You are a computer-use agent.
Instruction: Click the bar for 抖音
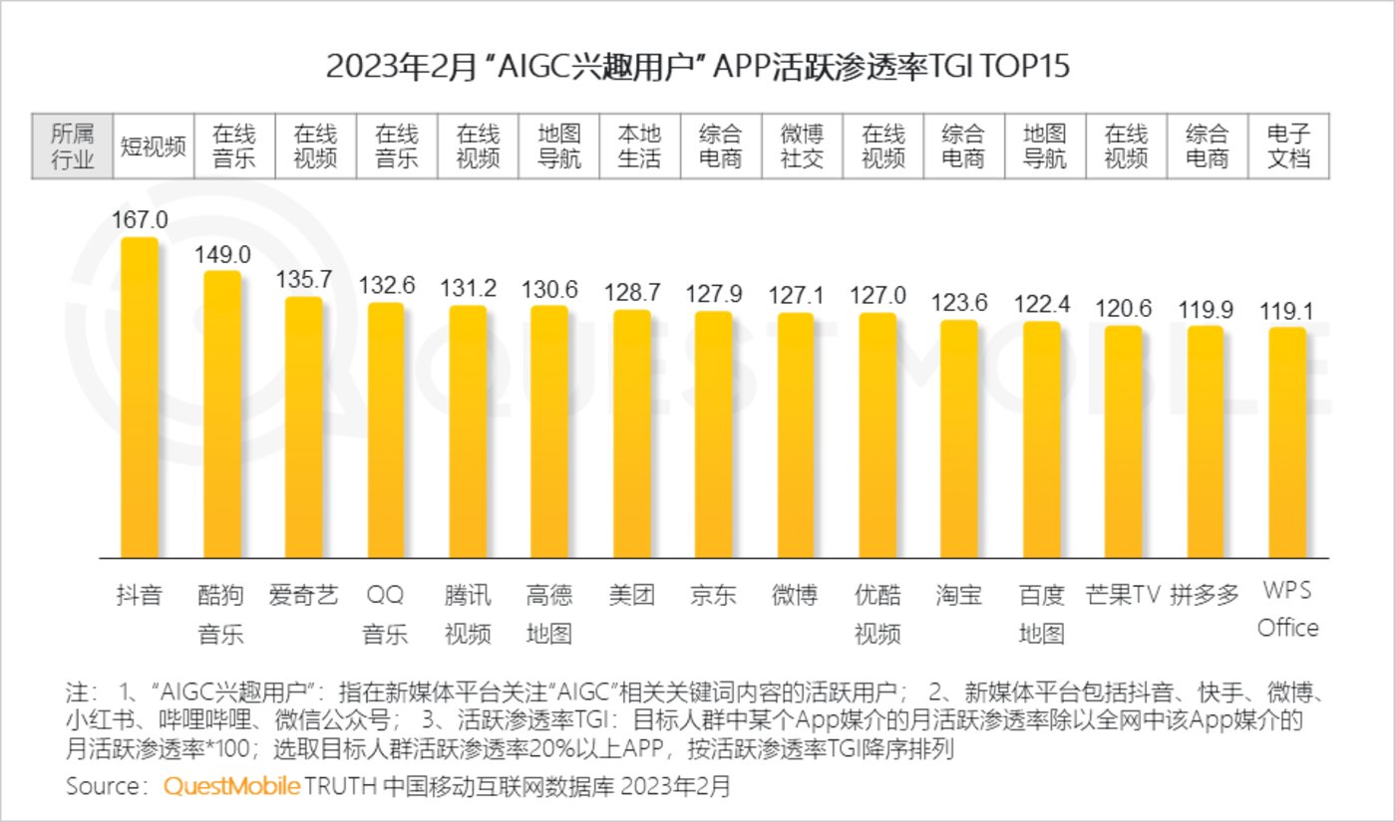pos(139,399)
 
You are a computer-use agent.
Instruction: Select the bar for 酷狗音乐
pos(221,414)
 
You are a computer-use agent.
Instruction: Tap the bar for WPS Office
pos(1287,442)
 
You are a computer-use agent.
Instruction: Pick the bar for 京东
pos(713,434)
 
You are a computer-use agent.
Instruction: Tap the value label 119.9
pos(1206,311)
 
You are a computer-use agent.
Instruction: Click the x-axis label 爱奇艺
pos(304,596)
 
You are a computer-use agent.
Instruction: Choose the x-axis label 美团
pos(631,596)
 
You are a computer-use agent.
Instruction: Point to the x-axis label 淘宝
pos(959,596)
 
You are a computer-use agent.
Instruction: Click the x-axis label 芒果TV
pos(1124,596)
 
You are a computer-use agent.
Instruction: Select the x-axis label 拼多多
pos(1206,596)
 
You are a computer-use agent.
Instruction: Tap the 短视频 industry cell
pos(154,146)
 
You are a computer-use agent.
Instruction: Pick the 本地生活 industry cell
pos(639,146)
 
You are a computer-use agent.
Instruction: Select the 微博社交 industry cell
pos(802,146)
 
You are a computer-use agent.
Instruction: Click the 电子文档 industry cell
pos(1287,146)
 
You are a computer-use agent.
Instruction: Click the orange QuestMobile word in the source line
pos(231,786)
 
